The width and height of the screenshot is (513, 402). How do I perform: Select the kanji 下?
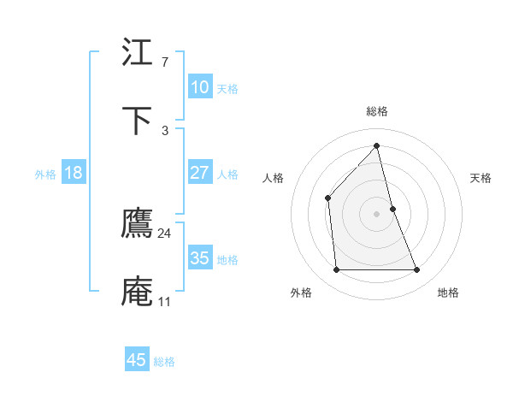coord(138,121)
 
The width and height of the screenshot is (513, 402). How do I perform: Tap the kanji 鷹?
coord(138,223)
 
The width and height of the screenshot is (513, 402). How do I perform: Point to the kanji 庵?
coord(138,291)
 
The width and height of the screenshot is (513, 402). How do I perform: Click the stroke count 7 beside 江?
coord(164,62)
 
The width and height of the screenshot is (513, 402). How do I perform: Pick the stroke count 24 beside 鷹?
coord(164,233)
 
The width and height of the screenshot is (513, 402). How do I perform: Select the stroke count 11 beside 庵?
coord(164,301)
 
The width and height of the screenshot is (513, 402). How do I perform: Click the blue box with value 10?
coord(199,86)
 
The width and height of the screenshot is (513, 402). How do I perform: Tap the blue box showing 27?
coord(199,172)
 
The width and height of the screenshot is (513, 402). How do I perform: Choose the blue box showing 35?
coord(199,257)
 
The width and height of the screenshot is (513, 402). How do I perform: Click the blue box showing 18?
coord(74,173)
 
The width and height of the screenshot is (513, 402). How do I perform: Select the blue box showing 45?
coord(137,360)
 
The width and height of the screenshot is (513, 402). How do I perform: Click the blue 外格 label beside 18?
coord(45,174)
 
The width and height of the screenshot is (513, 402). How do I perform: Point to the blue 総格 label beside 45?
coord(165,362)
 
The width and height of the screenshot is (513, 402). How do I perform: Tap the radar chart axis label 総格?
coord(377,111)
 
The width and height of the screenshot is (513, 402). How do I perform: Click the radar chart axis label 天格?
coord(481,178)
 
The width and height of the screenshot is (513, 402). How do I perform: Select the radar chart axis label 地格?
coord(448,293)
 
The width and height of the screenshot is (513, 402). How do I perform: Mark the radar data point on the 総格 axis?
coord(376,145)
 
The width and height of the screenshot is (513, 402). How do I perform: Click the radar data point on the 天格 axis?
coord(392,209)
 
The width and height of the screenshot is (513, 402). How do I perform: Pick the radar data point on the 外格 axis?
coord(336,270)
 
